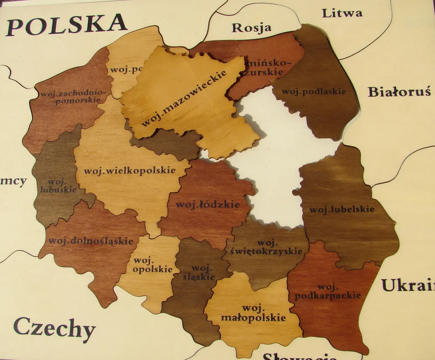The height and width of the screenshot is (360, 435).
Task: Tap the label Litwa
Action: coord(342,13)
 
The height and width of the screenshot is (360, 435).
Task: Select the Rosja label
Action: coord(251,28)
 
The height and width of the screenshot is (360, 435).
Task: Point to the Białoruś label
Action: coord(399,92)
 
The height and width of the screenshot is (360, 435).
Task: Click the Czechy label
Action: coord(54,328)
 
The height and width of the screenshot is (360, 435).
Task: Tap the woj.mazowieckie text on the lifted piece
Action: coord(184,98)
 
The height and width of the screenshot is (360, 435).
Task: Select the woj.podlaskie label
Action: coord(314,91)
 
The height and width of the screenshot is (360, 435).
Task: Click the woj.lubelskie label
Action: coord(341,210)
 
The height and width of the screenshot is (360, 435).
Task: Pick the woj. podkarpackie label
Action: coord(328,292)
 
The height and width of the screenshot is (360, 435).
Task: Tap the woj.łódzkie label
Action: coord(207,204)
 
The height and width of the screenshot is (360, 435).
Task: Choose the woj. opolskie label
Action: coord(147,265)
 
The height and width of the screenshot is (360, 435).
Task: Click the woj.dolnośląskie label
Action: coord(90,240)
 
